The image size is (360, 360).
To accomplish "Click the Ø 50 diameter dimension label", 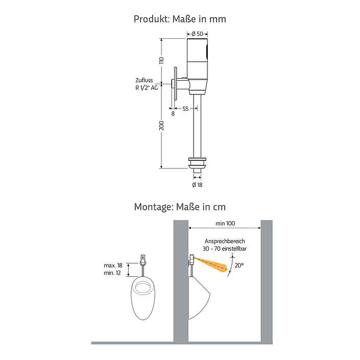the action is point(198,34).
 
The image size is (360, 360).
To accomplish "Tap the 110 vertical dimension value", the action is point(162,60).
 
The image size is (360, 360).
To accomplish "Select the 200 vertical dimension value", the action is point(162,126).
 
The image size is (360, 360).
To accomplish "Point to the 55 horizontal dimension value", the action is point(185,109).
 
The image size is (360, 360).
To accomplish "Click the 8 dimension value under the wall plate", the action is point(173,114).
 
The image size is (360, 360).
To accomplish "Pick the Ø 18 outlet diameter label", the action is point(197,185).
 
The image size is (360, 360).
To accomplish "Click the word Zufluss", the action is point(144,80).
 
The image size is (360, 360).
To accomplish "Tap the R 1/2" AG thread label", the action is point(147,88).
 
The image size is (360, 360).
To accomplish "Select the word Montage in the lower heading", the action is point(154,207).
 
